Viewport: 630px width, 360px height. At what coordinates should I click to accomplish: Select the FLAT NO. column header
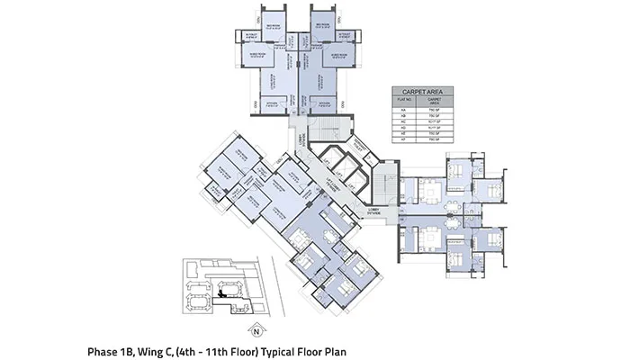400,103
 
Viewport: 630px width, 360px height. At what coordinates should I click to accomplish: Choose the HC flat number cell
400,123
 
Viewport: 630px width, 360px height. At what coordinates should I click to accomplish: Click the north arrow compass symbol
256,328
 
